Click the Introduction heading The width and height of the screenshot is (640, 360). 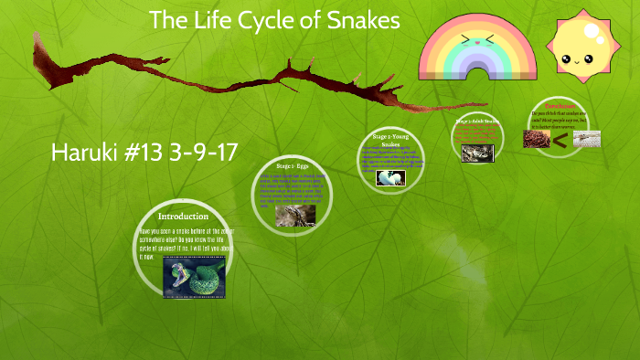pyautogui.click(x=183, y=217)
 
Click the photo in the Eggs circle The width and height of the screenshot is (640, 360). pyautogui.click(x=295, y=215)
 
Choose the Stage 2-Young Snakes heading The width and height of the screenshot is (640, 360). pyautogui.click(x=390, y=140)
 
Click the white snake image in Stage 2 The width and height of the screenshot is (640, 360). pyautogui.click(x=390, y=177)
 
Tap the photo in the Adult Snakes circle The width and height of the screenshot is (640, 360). pyautogui.click(x=477, y=154)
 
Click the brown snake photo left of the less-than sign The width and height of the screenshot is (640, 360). pyautogui.click(x=536, y=139)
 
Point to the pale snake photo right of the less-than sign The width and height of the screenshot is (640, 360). pyautogui.click(x=586, y=139)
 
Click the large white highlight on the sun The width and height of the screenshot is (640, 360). pyautogui.click(x=594, y=34)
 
